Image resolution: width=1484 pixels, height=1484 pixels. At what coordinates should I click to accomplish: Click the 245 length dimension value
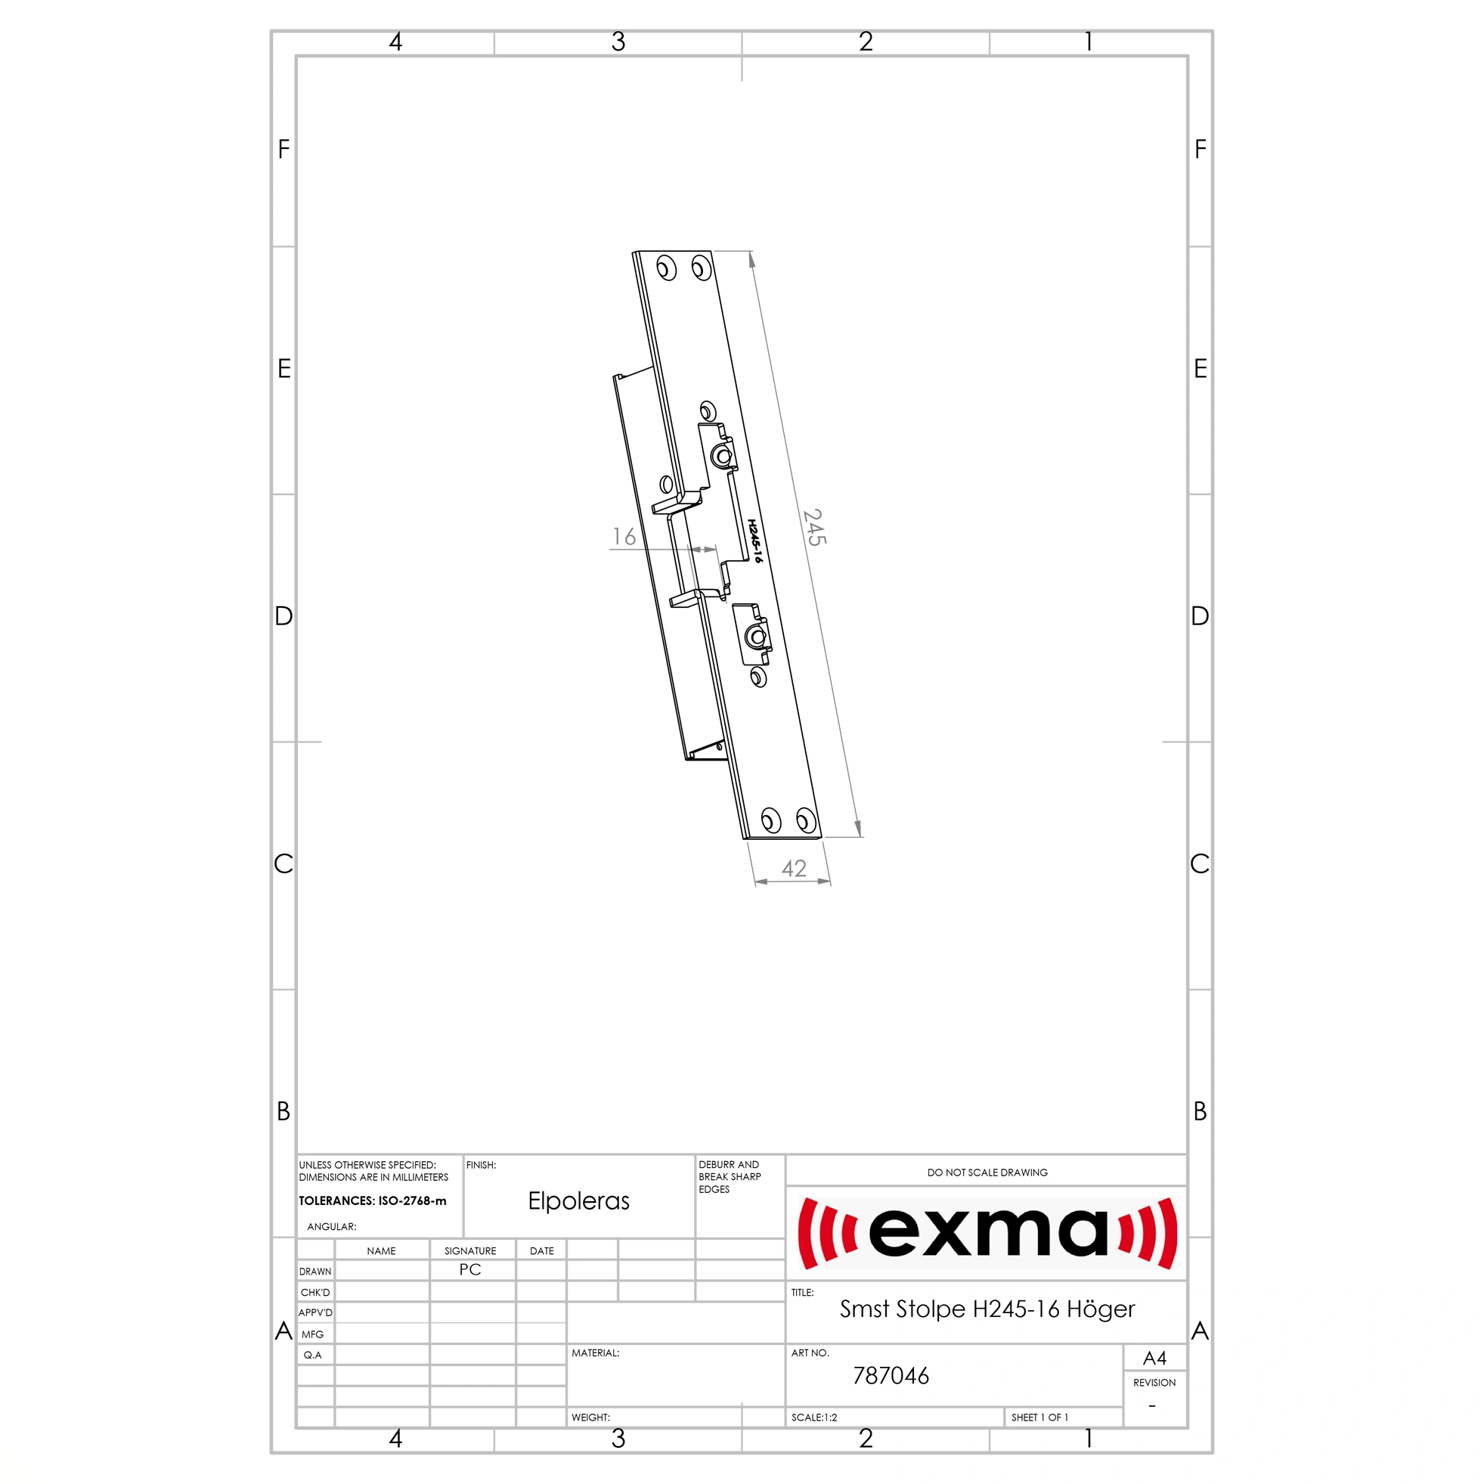click(x=814, y=527)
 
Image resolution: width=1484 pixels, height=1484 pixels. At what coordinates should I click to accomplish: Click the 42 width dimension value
click(x=794, y=869)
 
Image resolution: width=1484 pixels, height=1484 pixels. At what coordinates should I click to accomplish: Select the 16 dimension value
click(x=624, y=536)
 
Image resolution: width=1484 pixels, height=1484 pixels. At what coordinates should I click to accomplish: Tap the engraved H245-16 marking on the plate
click(x=756, y=541)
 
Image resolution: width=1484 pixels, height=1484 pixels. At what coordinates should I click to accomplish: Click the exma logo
click(x=987, y=1233)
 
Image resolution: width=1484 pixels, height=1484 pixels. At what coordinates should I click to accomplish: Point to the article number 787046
click(x=891, y=1376)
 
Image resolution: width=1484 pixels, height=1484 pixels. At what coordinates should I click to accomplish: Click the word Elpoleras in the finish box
click(x=578, y=1201)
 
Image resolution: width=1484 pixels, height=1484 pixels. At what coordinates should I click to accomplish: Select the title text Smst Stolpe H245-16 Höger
click(x=987, y=1309)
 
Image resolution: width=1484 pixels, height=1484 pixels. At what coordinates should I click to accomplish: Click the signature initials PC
click(x=470, y=1270)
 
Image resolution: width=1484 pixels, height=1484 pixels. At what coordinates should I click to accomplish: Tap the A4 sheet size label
click(x=1154, y=1358)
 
